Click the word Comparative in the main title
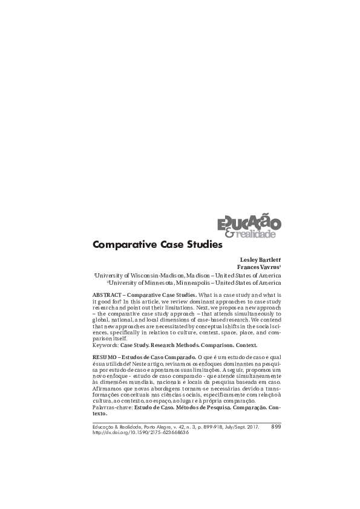tap(120, 245)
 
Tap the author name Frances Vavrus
tap(260, 267)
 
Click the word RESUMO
tap(104, 357)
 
